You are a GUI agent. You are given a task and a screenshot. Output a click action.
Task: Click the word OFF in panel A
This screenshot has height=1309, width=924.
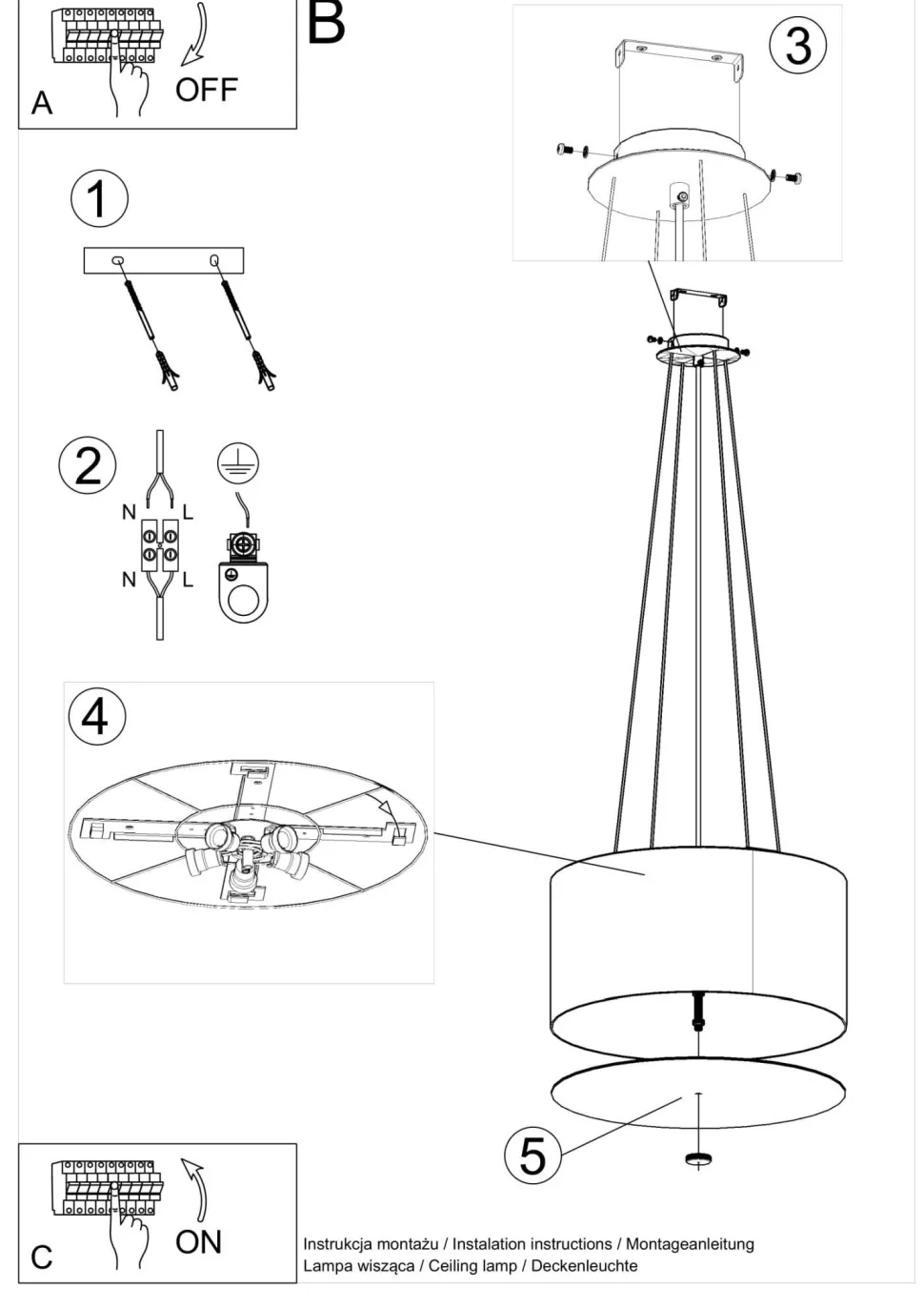[206, 90]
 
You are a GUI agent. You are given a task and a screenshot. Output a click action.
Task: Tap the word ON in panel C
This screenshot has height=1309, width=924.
[198, 1242]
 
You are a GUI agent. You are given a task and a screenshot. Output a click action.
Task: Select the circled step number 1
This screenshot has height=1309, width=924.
[99, 198]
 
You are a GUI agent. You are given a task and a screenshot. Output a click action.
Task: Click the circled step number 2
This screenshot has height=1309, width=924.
[88, 465]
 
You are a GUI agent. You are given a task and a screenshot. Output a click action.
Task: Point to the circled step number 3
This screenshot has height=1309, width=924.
[798, 45]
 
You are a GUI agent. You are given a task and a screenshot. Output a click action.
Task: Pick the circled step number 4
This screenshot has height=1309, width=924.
[97, 716]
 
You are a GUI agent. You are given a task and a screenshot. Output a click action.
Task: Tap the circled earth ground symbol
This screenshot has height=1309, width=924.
[238, 463]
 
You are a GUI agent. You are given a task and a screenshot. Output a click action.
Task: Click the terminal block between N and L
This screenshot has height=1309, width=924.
[159, 544]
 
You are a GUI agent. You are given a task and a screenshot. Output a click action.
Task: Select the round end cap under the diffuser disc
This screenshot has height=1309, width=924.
[698, 1159]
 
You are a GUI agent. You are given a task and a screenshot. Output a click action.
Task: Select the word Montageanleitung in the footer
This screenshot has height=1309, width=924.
[690, 1245]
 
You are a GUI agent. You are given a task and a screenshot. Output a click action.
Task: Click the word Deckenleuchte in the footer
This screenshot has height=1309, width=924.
[584, 1267]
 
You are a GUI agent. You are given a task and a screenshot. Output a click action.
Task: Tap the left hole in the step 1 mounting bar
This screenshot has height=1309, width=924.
[117, 259]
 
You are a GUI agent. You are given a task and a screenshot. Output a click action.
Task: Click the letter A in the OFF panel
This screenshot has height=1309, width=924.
[42, 103]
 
